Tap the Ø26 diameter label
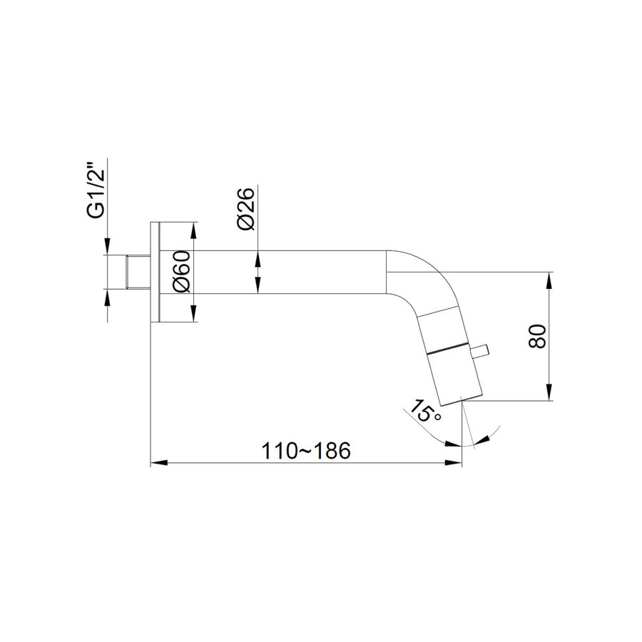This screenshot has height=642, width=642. click(245, 209)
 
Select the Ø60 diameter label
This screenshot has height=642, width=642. click(182, 272)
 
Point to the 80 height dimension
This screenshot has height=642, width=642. click(537, 336)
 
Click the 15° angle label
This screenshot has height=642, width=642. click(425, 411)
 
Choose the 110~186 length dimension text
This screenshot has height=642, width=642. click(306, 451)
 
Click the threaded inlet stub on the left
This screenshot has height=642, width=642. click(138, 272)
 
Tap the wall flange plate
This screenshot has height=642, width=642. click(156, 272)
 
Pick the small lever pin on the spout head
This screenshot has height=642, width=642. click(479, 351)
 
